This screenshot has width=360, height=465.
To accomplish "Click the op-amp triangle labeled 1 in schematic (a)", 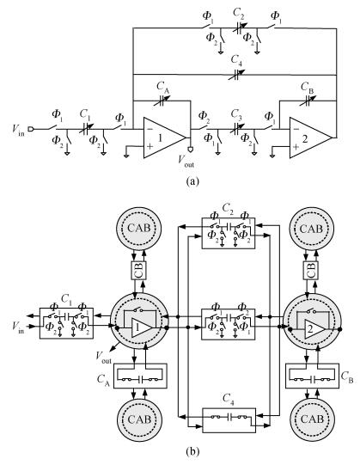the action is coord(164,138).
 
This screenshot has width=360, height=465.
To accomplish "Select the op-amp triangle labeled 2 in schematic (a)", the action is coord(310,138).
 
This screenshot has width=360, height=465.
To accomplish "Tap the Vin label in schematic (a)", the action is coord(18,130).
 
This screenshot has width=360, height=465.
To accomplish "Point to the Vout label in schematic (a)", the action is coord(186,161).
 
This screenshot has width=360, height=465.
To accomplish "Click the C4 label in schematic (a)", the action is coord(236,60).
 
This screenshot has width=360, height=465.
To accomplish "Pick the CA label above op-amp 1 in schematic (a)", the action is coord(163,88).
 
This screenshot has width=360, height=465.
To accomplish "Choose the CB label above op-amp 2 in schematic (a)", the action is coord(308,88).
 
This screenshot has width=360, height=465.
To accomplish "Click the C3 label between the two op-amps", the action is coord(236,114).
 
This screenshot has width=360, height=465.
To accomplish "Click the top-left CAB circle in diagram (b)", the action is coord(139,229).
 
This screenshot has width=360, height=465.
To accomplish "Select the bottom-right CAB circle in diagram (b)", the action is coord(312,419).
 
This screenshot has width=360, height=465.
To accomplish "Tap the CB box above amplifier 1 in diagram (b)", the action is coord(139,270).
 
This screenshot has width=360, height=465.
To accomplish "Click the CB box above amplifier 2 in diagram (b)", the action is coord(311,270).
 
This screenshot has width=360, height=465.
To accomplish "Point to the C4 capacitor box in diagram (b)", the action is coord(229,420).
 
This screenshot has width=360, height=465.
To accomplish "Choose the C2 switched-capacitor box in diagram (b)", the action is coord(229,233).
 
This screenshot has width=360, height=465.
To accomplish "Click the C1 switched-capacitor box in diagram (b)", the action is coord(66,323).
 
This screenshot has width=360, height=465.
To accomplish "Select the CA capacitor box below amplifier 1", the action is coord(140,376).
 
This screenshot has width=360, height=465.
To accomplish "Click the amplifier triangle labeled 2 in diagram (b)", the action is coord(313,329).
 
